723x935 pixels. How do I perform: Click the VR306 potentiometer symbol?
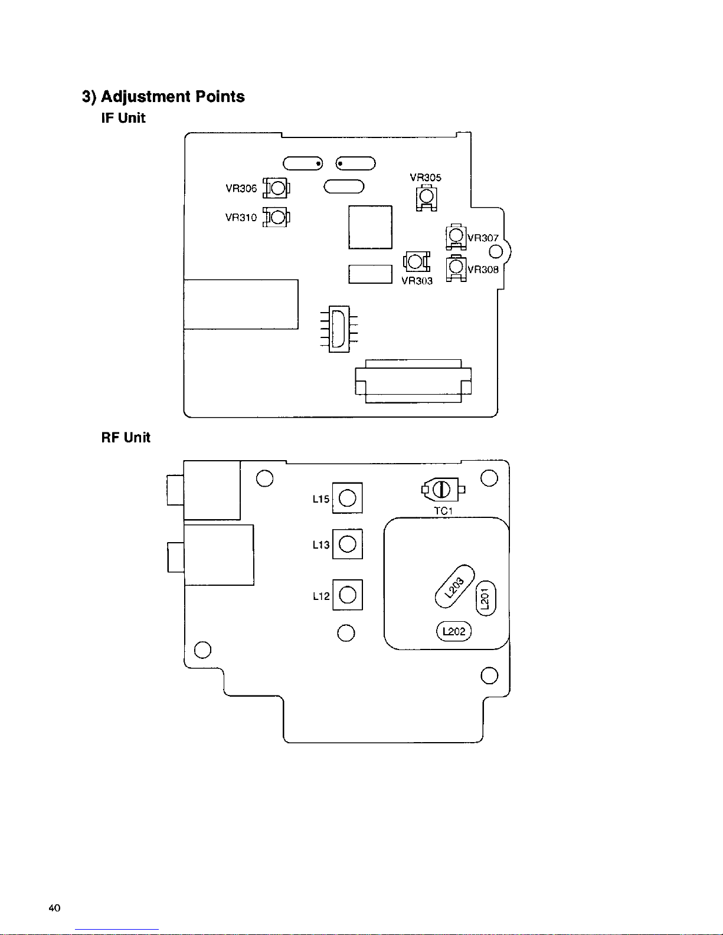(276, 188)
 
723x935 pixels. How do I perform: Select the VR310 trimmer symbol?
(276, 217)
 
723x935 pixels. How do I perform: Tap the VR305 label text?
(425, 178)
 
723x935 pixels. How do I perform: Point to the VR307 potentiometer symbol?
(456, 236)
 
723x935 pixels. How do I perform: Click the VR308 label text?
(483, 270)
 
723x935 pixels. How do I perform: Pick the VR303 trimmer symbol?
(416, 261)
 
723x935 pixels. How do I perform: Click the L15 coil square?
(347, 498)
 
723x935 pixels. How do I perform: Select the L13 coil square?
(347, 544)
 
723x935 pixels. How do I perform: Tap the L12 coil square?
(347, 595)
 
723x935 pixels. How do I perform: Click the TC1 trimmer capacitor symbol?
(443, 489)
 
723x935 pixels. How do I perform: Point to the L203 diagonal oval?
(454, 586)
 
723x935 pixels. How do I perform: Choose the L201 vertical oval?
(485, 599)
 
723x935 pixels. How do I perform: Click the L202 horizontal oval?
(454, 631)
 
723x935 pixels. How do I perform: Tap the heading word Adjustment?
(146, 97)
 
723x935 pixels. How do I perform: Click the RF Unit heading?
(126, 438)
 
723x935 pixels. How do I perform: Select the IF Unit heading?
(123, 118)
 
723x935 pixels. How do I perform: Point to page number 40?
(55, 908)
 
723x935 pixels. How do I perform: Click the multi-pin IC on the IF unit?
(339, 329)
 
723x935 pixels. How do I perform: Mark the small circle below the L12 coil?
(346, 633)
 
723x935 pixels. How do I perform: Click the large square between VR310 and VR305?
(370, 227)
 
